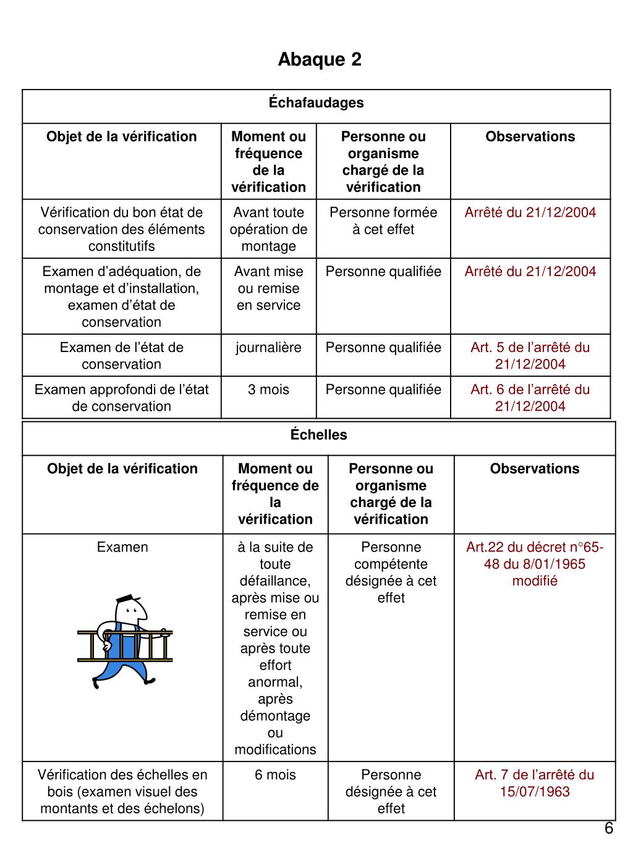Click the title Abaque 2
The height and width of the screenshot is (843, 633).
pyautogui.click(x=320, y=59)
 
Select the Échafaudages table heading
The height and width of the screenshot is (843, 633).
pyautogui.click(x=316, y=103)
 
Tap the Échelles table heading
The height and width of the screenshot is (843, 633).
pyautogui.click(x=319, y=435)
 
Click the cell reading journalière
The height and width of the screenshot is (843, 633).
pyautogui.click(x=268, y=348)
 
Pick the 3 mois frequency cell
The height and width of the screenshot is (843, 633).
pyautogui.click(x=268, y=390)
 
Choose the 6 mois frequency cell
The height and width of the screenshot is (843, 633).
pyautogui.click(x=275, y=775)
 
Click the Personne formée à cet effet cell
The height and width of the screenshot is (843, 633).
pyautogui.click(x=383, y=221)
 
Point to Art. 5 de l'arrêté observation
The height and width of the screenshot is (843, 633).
pyautogui.click(x=530, y=356)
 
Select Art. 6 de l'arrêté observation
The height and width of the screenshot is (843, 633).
pyautogui.click(x=530, y=398)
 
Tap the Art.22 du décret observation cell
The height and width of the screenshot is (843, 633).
pyautogui.click(x=535, y=564)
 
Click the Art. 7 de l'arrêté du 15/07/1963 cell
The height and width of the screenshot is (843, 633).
pyautogui.click(x=535, y=783)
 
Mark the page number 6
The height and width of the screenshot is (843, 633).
pyautogui.click(x=608, y=829)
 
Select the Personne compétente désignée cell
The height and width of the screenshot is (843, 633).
pyautogui.click(x=391, y=572)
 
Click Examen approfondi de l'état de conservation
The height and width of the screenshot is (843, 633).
pyautogui.click(x=122, y=398)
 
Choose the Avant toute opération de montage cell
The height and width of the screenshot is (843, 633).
pyautogui.click(x=268, y=229)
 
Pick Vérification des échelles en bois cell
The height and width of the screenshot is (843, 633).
pyautogui.click(x=122, y=792)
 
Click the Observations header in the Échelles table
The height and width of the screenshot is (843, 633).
pyautogui.click(x=535, y=469)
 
